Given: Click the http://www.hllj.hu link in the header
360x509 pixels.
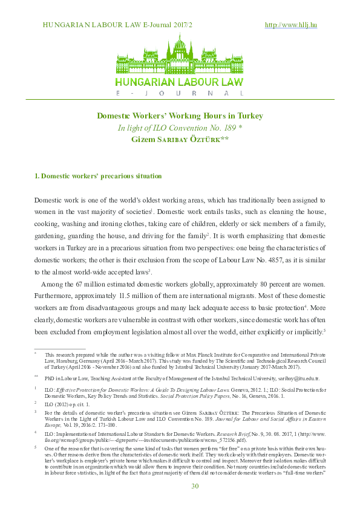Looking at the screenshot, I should coord(291,25).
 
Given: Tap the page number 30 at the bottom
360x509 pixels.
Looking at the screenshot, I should coord(195,487).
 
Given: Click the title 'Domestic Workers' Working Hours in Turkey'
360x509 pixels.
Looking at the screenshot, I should coord(180,115).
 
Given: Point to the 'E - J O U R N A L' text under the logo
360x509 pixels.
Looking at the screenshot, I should coord(180,94).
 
